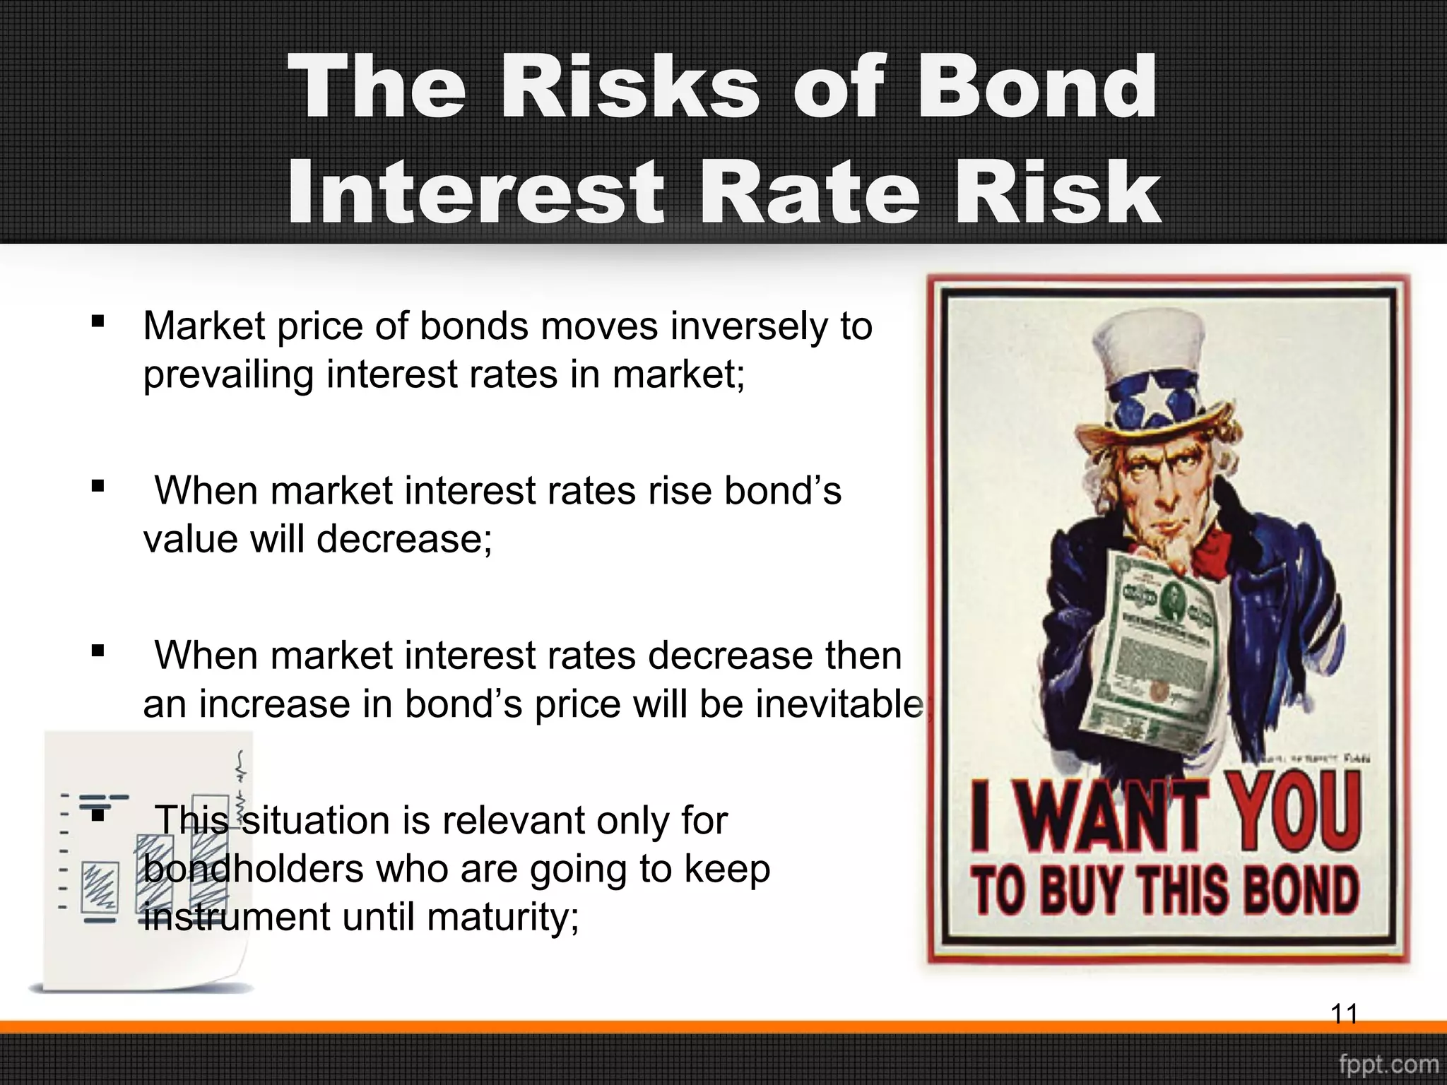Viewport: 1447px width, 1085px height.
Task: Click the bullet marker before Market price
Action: click(98, 322)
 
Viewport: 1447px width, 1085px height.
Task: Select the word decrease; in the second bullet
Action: click(403, 540)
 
